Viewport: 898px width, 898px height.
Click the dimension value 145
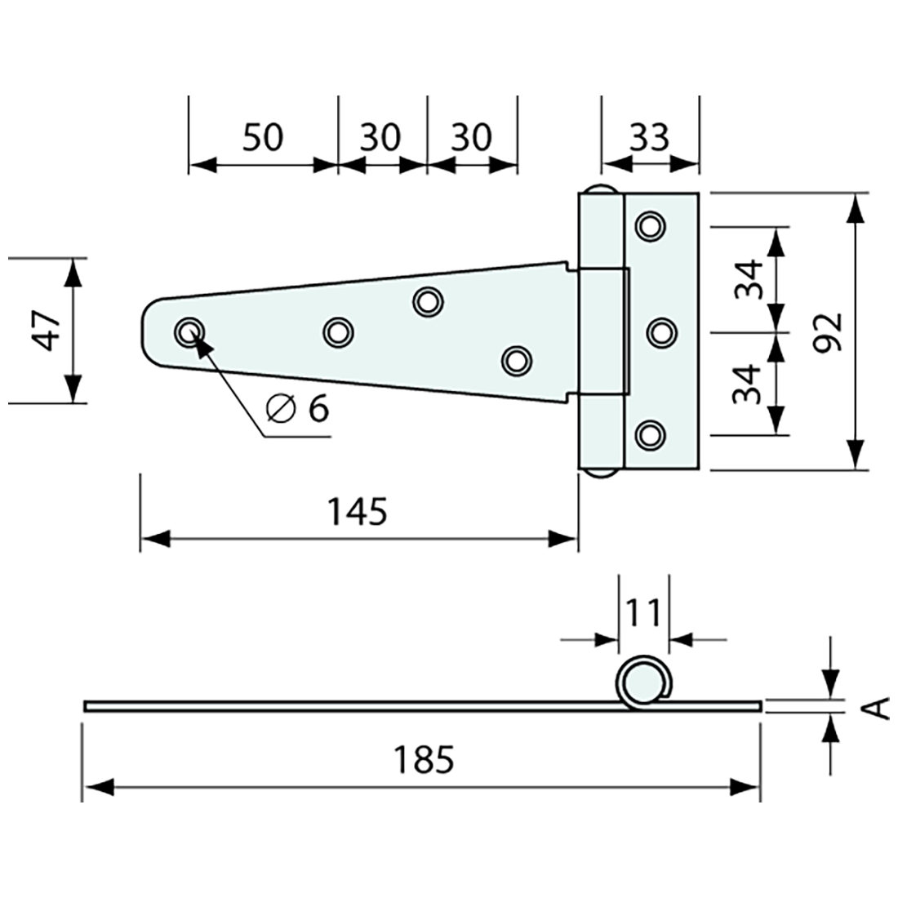coord(357,512)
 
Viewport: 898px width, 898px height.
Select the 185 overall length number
coord(423,760)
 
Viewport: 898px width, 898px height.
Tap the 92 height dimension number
coord(828,331)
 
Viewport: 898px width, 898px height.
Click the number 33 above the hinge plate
coord(649,137)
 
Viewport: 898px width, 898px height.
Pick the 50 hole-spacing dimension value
coord(263,137)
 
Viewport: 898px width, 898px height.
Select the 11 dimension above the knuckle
coord(642,611)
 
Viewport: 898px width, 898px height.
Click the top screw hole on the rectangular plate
coord(650,225)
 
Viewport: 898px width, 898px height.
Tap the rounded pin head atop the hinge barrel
coord(601,190)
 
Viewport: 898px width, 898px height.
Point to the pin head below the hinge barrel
coord(601,473)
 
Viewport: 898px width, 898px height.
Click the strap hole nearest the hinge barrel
coord(515,360)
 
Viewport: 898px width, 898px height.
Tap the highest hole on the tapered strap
coord(427,301)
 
